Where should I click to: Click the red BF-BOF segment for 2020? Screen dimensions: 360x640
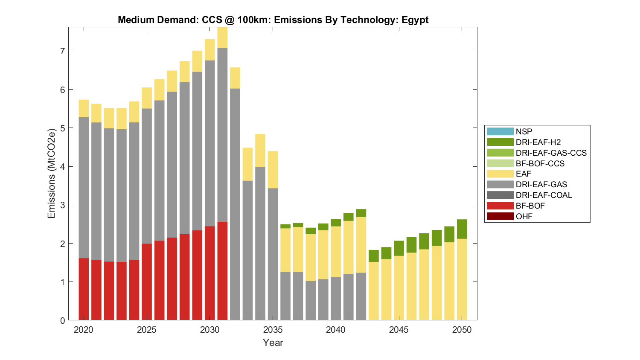click(x=84, y=289)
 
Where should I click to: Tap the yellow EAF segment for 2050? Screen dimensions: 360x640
click(x=462, y=279)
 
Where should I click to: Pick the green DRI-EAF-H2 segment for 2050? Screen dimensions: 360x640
click(x=462, y=229)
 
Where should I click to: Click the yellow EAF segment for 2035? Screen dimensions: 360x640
click(x=273, y=170)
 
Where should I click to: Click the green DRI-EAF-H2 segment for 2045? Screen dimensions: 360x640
click(x=399, y=248)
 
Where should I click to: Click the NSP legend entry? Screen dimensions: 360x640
click(x=524, y=131)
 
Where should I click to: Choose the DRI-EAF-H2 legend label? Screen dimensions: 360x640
click(x=538, y=142)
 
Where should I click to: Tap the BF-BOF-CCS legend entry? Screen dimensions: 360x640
click(x=540, y=163)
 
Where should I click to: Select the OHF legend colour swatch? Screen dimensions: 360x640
click(x=500, y=216)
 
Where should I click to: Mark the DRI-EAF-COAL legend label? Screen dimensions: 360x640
click(x=544, y=195)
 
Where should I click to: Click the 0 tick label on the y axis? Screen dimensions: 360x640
click(x=62, y=321)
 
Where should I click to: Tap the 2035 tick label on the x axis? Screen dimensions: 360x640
click(x=273, y=330)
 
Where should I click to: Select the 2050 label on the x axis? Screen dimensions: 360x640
click(x=462, y=330)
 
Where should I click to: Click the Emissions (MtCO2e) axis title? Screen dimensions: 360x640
click(x=52, y=173)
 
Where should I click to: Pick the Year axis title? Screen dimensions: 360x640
click(x=273, y=343)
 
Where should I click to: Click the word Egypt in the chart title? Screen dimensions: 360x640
click(x=415, y=20)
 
